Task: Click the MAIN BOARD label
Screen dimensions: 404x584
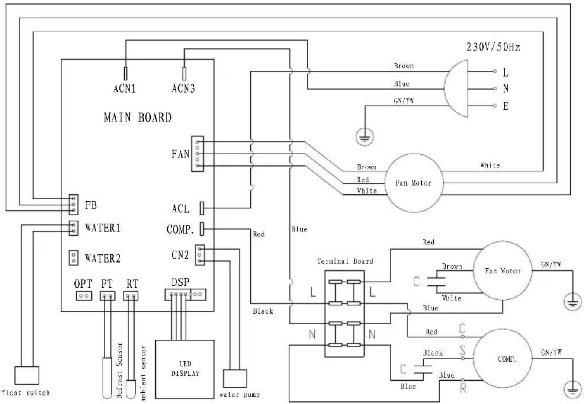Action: [x=138, y=117]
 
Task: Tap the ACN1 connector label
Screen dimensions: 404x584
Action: [x=125, y=89]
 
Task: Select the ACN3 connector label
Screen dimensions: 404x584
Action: [x=183, y=89]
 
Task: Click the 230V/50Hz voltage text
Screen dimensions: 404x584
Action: [x=493, y=47]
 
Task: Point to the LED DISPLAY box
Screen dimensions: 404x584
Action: [x=185, y=369]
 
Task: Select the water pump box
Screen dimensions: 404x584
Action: [x=234, y=378]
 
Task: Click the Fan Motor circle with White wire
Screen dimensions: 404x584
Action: [x=413, y=183]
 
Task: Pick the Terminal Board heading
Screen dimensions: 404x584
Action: [x=345, y=261]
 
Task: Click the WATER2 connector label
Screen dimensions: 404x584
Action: [x=103, y=259]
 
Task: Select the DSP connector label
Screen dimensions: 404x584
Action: [x=180, y=282]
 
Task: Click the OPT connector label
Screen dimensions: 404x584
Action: [x=83, y=284]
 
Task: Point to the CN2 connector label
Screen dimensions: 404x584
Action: [x=180, y=255]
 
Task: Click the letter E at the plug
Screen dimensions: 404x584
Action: [x=506, y=106]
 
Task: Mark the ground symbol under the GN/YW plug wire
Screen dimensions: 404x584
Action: [x=364, y=138]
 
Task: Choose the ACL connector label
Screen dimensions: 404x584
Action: [x=180, y=209]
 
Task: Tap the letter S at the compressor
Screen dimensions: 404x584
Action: [x=462, y=351]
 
